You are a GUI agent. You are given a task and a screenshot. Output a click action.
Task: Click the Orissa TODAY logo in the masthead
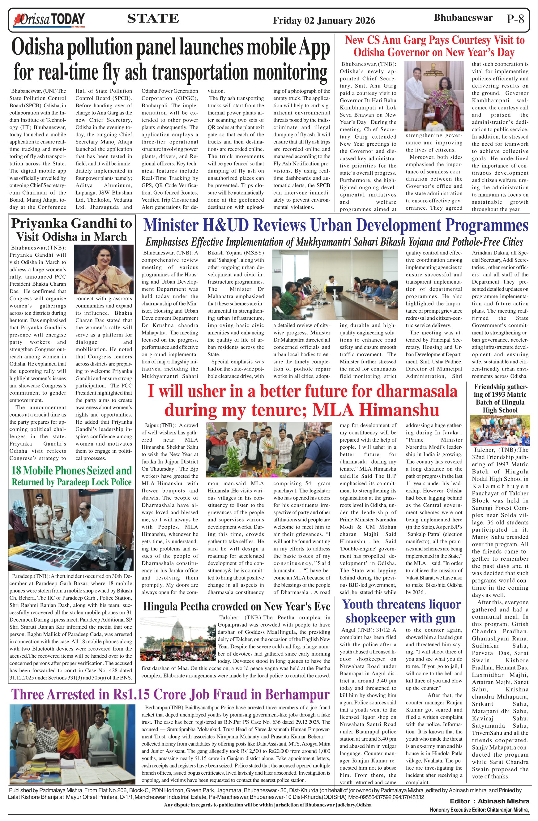[x=49, y=20]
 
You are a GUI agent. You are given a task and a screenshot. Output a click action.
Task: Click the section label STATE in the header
[x=153, y=18]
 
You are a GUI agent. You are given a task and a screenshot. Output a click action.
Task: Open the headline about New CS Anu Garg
[x=434, y=46]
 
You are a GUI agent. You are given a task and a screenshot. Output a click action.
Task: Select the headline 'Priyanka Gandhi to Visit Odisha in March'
[x=71, y=230]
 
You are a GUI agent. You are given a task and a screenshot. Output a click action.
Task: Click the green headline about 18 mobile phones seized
[x=71, y=476]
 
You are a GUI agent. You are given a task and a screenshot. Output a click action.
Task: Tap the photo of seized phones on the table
[x=71, y=529]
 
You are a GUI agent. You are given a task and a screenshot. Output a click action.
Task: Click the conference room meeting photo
[x=335, y=284]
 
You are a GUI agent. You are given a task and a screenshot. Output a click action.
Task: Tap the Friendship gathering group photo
[x=500, y=430]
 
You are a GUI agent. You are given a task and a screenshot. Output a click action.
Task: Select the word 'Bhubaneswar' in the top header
[x=463, y=18]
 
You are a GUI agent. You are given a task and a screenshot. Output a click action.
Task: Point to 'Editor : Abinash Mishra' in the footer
[x=489, y=801]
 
